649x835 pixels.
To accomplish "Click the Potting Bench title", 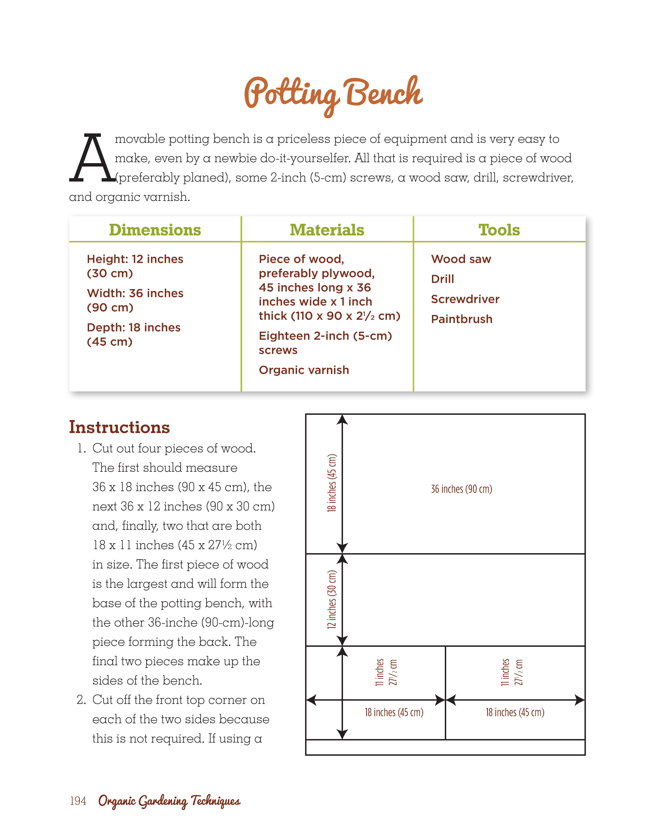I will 333,94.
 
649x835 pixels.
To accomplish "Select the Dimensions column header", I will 155,230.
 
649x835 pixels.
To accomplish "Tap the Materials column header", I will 327,230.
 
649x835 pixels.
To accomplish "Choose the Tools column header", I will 499,230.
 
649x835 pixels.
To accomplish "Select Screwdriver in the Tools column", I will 465,299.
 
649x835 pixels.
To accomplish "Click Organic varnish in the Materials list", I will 304,370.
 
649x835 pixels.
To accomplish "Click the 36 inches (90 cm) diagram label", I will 461,489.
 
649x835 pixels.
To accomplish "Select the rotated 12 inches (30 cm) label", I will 332,599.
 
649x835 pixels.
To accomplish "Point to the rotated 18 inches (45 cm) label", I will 332,483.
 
